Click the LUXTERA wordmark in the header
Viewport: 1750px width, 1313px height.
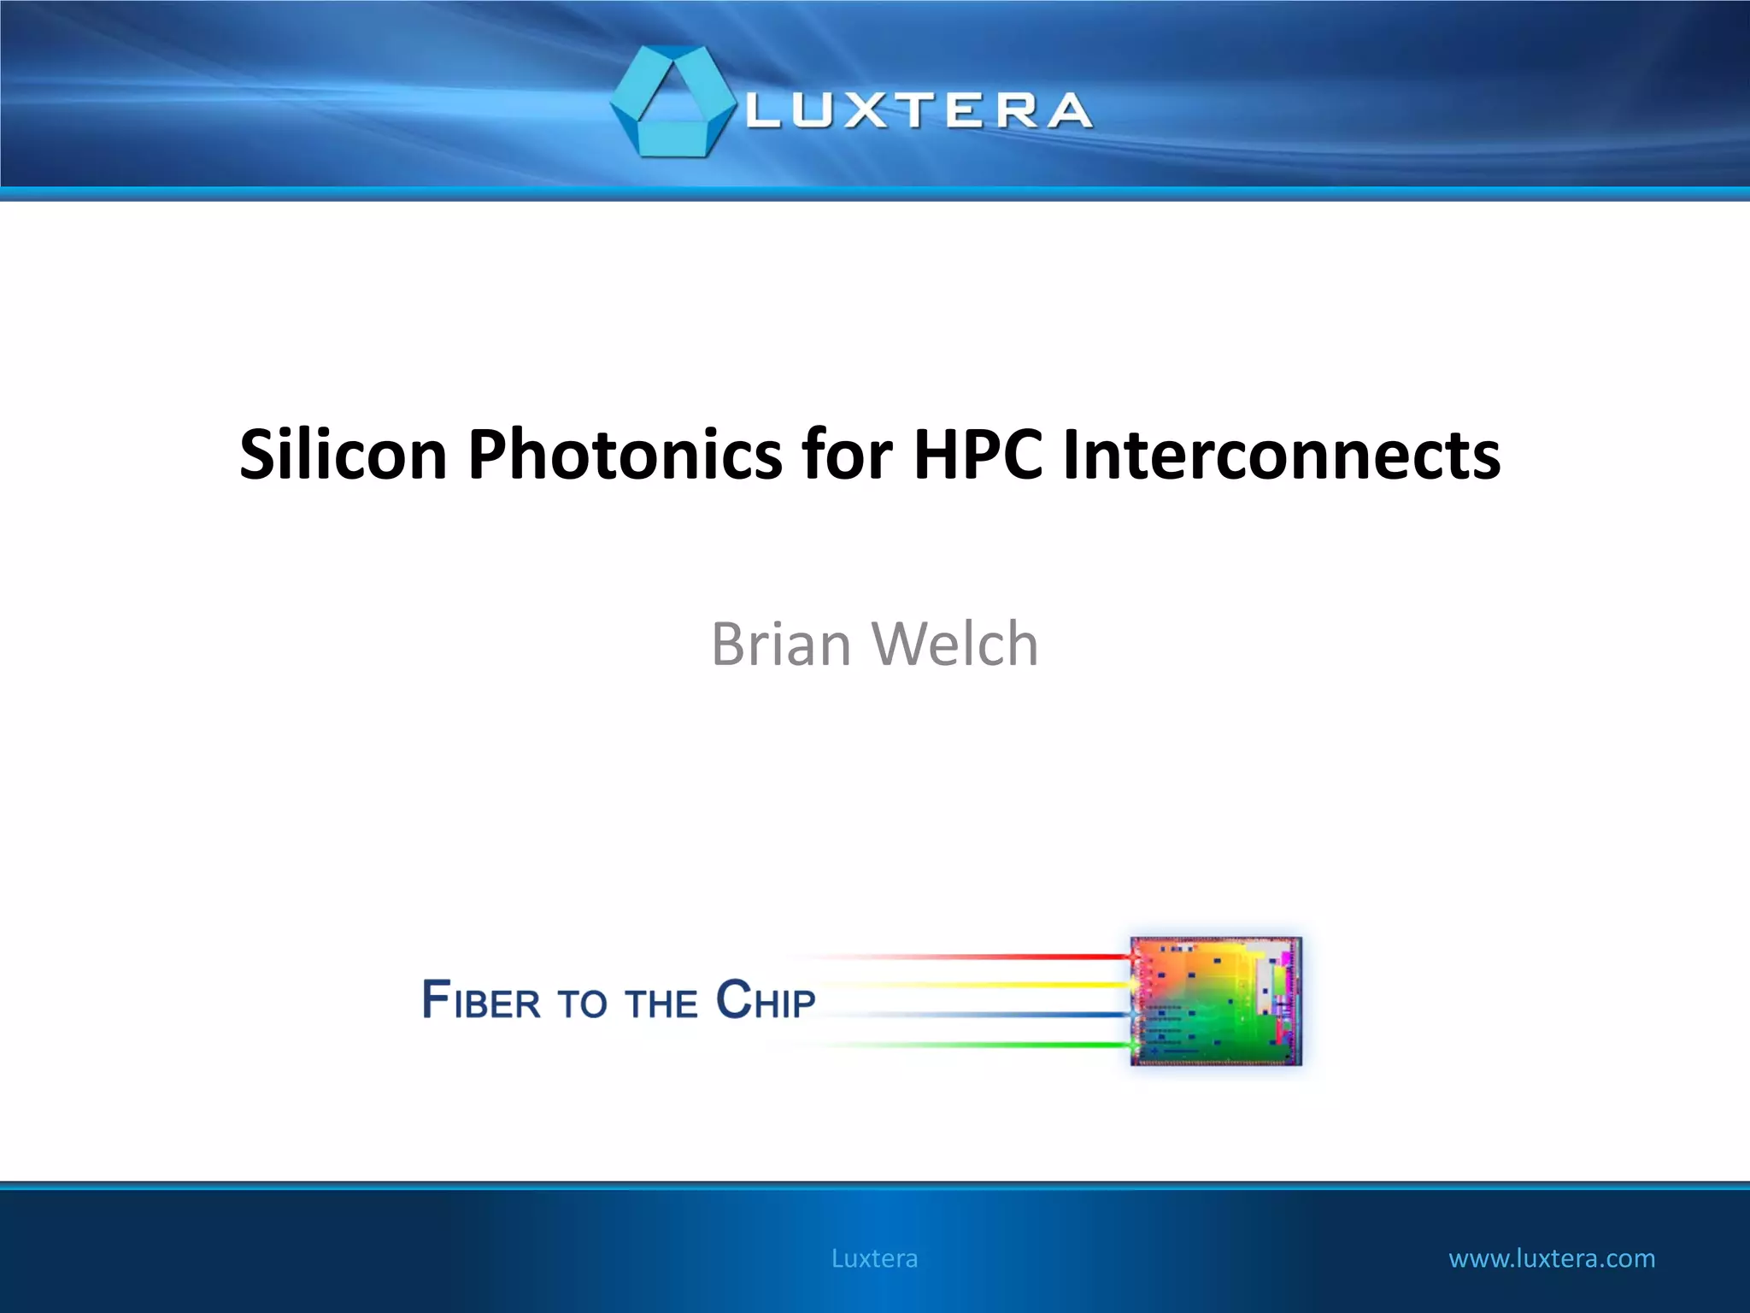click(919, 112)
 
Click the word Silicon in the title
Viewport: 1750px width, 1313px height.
click(343, 455)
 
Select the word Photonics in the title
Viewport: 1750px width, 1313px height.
click(625, 455)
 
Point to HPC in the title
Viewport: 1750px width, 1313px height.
click(978, 455)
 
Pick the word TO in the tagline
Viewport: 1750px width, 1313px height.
click(582, 1004)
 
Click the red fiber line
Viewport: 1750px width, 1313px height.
click(983, 957)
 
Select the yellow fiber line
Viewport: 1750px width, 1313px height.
click(983, 986)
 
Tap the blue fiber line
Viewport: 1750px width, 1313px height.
click(983, 1015)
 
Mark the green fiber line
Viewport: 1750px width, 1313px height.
click(983, 1045)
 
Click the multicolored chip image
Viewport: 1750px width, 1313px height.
click(1216, 1001)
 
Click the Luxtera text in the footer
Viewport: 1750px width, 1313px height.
click(874, 1258)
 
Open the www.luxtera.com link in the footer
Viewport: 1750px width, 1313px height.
click(1552, 1258)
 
